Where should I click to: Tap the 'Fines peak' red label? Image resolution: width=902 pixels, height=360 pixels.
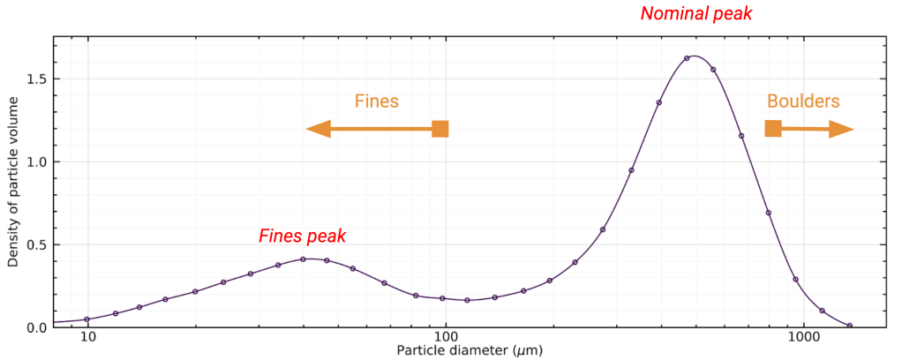[x=302, y=236]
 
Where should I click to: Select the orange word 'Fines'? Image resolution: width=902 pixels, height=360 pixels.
[x=377, y=101]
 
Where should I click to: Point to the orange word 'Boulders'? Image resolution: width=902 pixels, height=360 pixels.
[x=803, y=101]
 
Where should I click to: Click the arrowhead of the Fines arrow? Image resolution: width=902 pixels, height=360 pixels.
[x=317, y=130]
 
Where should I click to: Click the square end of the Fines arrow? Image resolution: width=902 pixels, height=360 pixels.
[x=440, y=129]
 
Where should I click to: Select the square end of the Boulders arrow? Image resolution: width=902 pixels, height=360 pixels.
[x=773, y=129]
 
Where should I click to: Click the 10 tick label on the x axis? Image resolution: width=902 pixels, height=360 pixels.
[x=87, y=338]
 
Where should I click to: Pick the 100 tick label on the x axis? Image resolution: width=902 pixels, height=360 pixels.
[x=446, y=338]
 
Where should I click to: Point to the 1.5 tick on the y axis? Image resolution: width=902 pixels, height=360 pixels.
[x=38, y=79]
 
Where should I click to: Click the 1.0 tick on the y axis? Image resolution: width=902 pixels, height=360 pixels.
[x=38, y=161]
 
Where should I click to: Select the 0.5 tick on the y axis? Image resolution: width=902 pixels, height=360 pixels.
[x=38, y=244]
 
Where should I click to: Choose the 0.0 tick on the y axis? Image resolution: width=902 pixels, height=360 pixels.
[x=38, y=327]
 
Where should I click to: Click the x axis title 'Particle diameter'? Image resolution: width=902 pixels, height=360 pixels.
[x=469, y=350]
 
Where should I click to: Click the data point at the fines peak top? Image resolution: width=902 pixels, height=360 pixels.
[x=303, y=259]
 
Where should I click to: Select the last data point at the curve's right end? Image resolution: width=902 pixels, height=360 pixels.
[x=850, y=326]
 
